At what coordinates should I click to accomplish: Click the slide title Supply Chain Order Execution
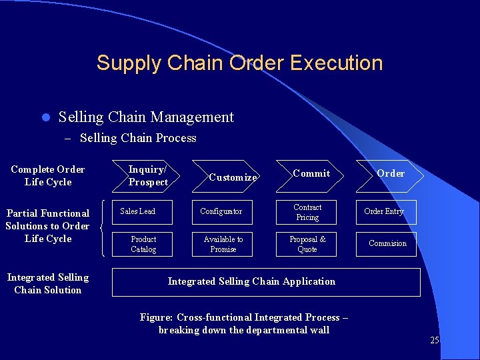(x=239, y=63)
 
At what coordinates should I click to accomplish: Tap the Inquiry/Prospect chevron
(x=147, y=176)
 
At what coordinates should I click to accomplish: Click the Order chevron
(x=389, y=174)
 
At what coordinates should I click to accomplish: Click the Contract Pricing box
(x=307, y=212)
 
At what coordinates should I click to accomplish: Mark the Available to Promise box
(x=223, y=244)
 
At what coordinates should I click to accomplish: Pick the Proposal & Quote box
(x=307, y=244)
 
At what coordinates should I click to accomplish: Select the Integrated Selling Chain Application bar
(x=266, y=282)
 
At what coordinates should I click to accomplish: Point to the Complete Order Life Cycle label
(x=48, y=175)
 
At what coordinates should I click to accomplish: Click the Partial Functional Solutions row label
(x=47, y=226)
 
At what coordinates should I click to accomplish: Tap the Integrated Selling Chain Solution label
(x=47, y=283)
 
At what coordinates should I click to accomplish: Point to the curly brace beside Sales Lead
(x=103, y=228)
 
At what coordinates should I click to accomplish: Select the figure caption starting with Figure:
(x=244, y=323)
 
